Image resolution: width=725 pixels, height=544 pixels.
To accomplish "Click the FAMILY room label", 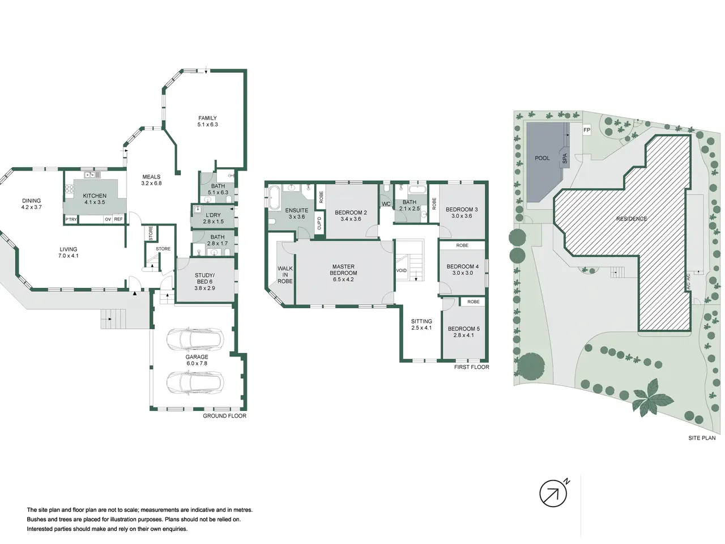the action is [x=207, y=118].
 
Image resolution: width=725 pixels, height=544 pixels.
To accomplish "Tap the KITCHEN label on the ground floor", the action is [x=95, y=196].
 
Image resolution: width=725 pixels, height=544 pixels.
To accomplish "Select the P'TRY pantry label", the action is [x=71, y=219].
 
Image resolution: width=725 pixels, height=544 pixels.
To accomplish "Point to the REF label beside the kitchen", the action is [x=118, y=219].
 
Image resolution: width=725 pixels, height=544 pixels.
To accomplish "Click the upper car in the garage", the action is [x=195, y=339].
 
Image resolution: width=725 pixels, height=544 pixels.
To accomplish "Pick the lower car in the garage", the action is [x=195, y=382].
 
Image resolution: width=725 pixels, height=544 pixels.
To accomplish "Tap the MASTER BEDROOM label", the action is [x=343, y=270].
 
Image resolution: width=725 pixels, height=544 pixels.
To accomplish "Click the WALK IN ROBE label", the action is [x=285, y=275].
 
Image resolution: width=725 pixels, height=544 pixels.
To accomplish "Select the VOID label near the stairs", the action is [x=402, y=270].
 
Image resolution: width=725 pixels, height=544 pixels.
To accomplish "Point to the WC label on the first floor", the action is [x=386, y=204].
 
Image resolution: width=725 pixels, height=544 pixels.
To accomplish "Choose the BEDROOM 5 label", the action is [x=464, y=329].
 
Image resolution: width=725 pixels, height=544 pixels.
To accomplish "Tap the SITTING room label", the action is [x=421, y=321].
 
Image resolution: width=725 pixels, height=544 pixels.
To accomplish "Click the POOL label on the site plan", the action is [x=542, y=158].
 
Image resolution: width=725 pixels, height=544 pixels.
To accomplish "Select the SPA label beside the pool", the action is [x=565, y=159].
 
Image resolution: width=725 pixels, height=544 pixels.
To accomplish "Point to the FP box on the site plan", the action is [x=587, y=130].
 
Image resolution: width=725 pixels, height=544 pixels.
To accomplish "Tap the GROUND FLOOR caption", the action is [x=225, y=416].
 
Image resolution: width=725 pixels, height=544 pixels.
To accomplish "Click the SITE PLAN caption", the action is [x=702, y=438].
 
